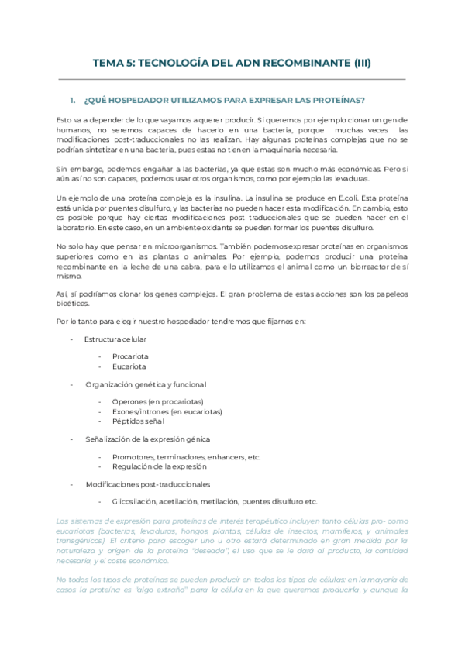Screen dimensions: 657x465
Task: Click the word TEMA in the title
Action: tap(108, 64)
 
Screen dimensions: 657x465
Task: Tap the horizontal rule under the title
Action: tap(232, 79)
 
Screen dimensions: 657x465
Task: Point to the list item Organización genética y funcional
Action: tap(146, 384)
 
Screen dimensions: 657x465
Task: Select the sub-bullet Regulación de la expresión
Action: tap(159, 466)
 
